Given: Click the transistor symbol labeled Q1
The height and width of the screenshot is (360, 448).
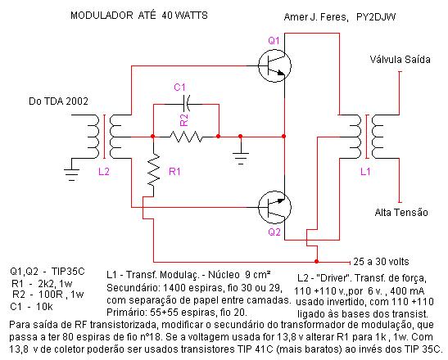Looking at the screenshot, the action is (274, 65).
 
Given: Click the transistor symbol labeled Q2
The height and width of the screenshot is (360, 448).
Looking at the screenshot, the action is (274, 207).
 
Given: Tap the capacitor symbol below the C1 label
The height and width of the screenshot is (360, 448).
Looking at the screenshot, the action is (187, 104).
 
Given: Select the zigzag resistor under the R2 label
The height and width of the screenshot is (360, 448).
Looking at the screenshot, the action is (186, 137).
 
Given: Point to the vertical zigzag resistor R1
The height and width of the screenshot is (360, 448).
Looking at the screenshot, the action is (153, 170).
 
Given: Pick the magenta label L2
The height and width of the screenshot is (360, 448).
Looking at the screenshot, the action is (104, 172).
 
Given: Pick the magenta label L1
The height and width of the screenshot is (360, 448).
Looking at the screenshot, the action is (365, 172).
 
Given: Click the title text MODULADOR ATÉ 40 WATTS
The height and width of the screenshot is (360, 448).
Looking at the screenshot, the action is (139, 15).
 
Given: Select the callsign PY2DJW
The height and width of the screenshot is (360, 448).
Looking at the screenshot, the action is (376, 17).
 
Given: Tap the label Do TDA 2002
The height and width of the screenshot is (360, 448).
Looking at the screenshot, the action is (58, 101).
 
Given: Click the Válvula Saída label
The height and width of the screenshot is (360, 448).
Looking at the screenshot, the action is (400, 60).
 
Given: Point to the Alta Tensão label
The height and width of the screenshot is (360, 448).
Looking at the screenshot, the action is (401, 213).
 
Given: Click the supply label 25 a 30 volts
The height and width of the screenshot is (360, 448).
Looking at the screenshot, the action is (381, 262).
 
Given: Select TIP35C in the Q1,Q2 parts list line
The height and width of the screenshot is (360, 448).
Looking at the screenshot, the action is (68, 271).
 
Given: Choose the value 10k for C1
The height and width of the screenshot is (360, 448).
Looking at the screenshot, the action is (44, 307).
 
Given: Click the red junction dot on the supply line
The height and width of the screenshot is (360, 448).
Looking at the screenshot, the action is (317, 261).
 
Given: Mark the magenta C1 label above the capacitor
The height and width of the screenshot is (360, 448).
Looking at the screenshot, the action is (179, 87).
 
